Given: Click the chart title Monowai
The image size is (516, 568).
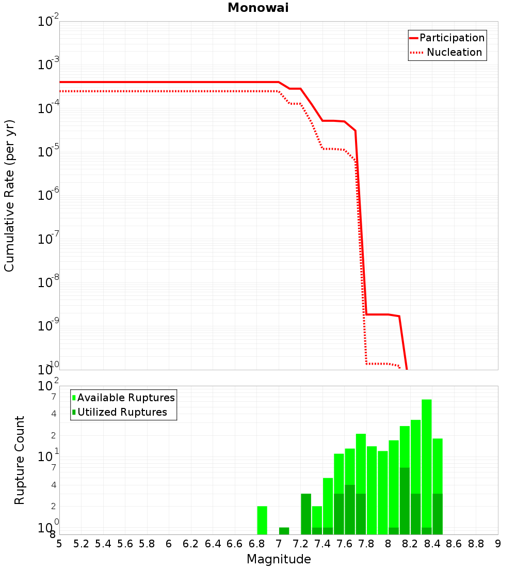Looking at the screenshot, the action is point(258,8).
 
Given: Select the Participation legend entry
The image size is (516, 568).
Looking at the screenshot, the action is point(447,38).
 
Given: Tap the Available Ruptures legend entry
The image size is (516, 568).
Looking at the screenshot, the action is point(123,398).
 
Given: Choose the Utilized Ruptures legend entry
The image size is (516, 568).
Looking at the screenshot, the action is point(120,412).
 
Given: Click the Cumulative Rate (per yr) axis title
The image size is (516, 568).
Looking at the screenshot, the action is point(9,196).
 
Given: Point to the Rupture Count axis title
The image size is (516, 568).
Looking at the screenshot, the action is point(19,460).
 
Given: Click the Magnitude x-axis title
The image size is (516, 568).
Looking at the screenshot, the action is point(279,559).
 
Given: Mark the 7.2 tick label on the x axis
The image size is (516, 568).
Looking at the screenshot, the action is point(300,544).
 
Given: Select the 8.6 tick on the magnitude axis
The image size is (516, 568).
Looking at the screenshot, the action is point(454,544).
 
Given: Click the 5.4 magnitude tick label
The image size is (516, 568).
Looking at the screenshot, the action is point(103,544).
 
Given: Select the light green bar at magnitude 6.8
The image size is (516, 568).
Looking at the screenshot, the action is point(262,520).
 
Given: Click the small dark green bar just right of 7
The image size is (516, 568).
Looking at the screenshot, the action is point(284,531).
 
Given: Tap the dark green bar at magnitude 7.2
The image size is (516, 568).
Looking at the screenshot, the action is point(306,514).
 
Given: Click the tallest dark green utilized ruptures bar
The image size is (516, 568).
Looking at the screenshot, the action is point(405,501).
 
